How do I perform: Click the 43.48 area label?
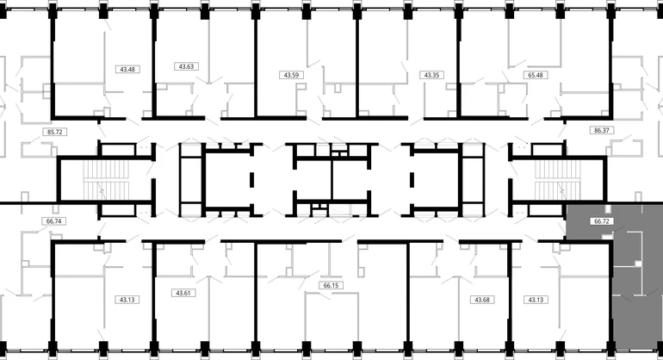coord(127,69)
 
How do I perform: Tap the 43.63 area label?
coord(186,66)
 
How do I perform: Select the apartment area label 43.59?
coord(291,75)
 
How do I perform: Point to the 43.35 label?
coord(431,75)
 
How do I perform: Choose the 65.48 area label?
coord(536,75)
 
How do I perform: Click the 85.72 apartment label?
coord(54,132)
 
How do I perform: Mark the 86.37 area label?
coord(601,130)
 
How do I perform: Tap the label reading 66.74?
coord(53,220)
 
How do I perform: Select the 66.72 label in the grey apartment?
coord(601,220)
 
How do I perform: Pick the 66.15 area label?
coord(331,285)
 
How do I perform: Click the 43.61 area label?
coord(183,293)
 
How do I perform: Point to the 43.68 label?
coord(482,300)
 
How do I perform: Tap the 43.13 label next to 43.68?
coord(536,300)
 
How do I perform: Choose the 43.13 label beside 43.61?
coord(127,300)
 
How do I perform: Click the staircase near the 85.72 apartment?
coord(106,179)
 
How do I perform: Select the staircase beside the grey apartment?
coord(558,179)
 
